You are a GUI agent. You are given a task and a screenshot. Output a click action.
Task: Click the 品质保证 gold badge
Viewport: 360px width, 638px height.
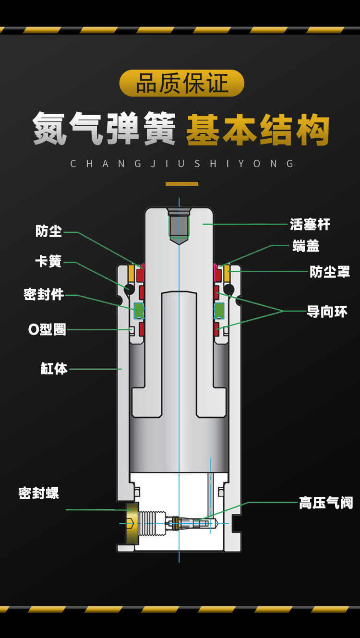click(181, 83)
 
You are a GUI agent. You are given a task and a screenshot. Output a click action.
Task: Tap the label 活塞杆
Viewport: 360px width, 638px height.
click(310, 224)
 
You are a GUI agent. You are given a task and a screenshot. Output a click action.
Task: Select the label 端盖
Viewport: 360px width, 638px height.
click(306, 246)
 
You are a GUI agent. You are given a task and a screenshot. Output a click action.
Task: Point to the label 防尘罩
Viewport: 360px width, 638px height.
click(330, 272)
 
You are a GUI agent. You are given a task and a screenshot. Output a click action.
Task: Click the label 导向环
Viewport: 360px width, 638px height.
click(327, 312)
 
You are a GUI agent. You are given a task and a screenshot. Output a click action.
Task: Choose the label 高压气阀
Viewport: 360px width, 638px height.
click(326, 503)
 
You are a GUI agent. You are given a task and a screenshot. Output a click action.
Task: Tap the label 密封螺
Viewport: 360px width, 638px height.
click(38, 493)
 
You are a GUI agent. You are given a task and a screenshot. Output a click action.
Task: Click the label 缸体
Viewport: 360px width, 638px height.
click(54, 369)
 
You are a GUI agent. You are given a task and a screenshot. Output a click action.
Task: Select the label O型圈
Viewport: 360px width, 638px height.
click(47, 330)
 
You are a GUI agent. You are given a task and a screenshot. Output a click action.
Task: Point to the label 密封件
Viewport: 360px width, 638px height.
click(44, 294)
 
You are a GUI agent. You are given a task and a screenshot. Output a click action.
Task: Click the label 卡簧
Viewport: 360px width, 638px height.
click(48, 262)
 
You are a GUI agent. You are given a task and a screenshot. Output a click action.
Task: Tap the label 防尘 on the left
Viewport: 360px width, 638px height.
click(48, 231)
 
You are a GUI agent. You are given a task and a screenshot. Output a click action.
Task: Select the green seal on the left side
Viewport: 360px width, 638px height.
click(139, 311)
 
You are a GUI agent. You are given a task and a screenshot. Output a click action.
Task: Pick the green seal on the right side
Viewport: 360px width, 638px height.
click(219, 311)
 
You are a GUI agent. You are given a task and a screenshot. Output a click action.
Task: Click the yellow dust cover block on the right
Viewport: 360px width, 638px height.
click(227, 274)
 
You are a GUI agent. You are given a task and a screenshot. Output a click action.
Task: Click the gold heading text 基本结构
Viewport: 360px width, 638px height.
click(258, 130)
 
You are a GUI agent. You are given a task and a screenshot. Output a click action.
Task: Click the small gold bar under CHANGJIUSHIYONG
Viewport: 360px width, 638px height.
click(181, 184)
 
